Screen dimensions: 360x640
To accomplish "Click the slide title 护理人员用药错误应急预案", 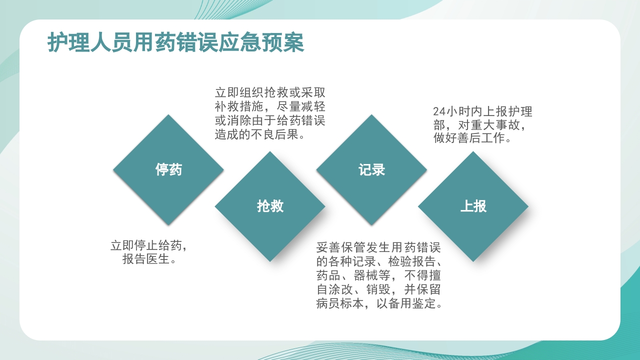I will coord(175,43).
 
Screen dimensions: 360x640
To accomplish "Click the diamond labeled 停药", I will coord(168,169).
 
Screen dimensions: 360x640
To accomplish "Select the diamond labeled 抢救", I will coord(270,206).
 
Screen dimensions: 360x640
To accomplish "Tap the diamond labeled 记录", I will coord(371,169).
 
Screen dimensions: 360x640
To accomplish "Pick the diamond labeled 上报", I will coord(473,206).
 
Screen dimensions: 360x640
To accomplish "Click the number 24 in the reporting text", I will coord(438,111).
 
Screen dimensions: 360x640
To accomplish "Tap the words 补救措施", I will coord(239,107).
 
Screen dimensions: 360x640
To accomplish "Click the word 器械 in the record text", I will coord(366,275).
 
